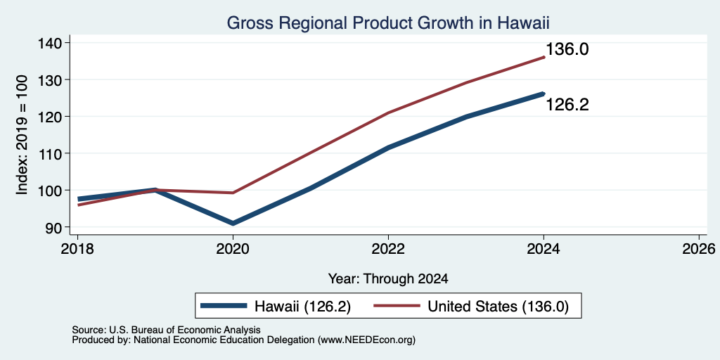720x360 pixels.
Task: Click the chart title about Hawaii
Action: (388, 22)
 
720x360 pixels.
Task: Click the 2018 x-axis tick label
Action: (77, 250)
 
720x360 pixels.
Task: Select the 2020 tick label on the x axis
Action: (233, 250)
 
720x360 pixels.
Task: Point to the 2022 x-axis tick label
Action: (388, 250)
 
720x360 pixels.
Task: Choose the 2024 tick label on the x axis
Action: (544, 250)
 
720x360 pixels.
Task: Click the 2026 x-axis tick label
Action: (699, 250)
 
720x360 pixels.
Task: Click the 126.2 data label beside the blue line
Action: (567, 105)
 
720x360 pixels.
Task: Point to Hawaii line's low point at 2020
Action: (233, 223)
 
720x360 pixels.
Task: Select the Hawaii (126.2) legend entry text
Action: (302, 307)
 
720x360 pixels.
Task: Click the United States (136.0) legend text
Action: (499, 307)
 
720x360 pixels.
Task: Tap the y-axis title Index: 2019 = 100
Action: (22, 135)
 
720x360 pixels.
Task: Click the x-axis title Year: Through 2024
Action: (388, 278)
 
